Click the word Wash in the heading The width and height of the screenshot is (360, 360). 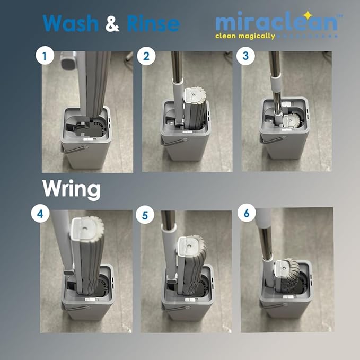coord(71,23)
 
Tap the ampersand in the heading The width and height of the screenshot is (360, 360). coord(112,23)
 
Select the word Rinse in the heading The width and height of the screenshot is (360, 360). coord(153,23)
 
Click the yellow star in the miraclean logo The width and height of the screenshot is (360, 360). coord(308,15)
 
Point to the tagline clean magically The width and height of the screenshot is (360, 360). coord(245,36)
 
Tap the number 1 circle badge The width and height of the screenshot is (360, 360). coord(45,56)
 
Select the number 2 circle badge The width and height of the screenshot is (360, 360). coord(146,56)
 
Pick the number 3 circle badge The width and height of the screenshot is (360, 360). coord(245,56)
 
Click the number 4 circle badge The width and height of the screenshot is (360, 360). coord(40,214)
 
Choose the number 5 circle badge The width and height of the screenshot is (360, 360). coord(145,215)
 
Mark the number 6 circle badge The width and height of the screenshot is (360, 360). coord(247,213)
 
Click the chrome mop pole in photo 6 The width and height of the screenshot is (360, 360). coord(266,243)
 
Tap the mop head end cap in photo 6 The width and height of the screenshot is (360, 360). coord(284,267)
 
